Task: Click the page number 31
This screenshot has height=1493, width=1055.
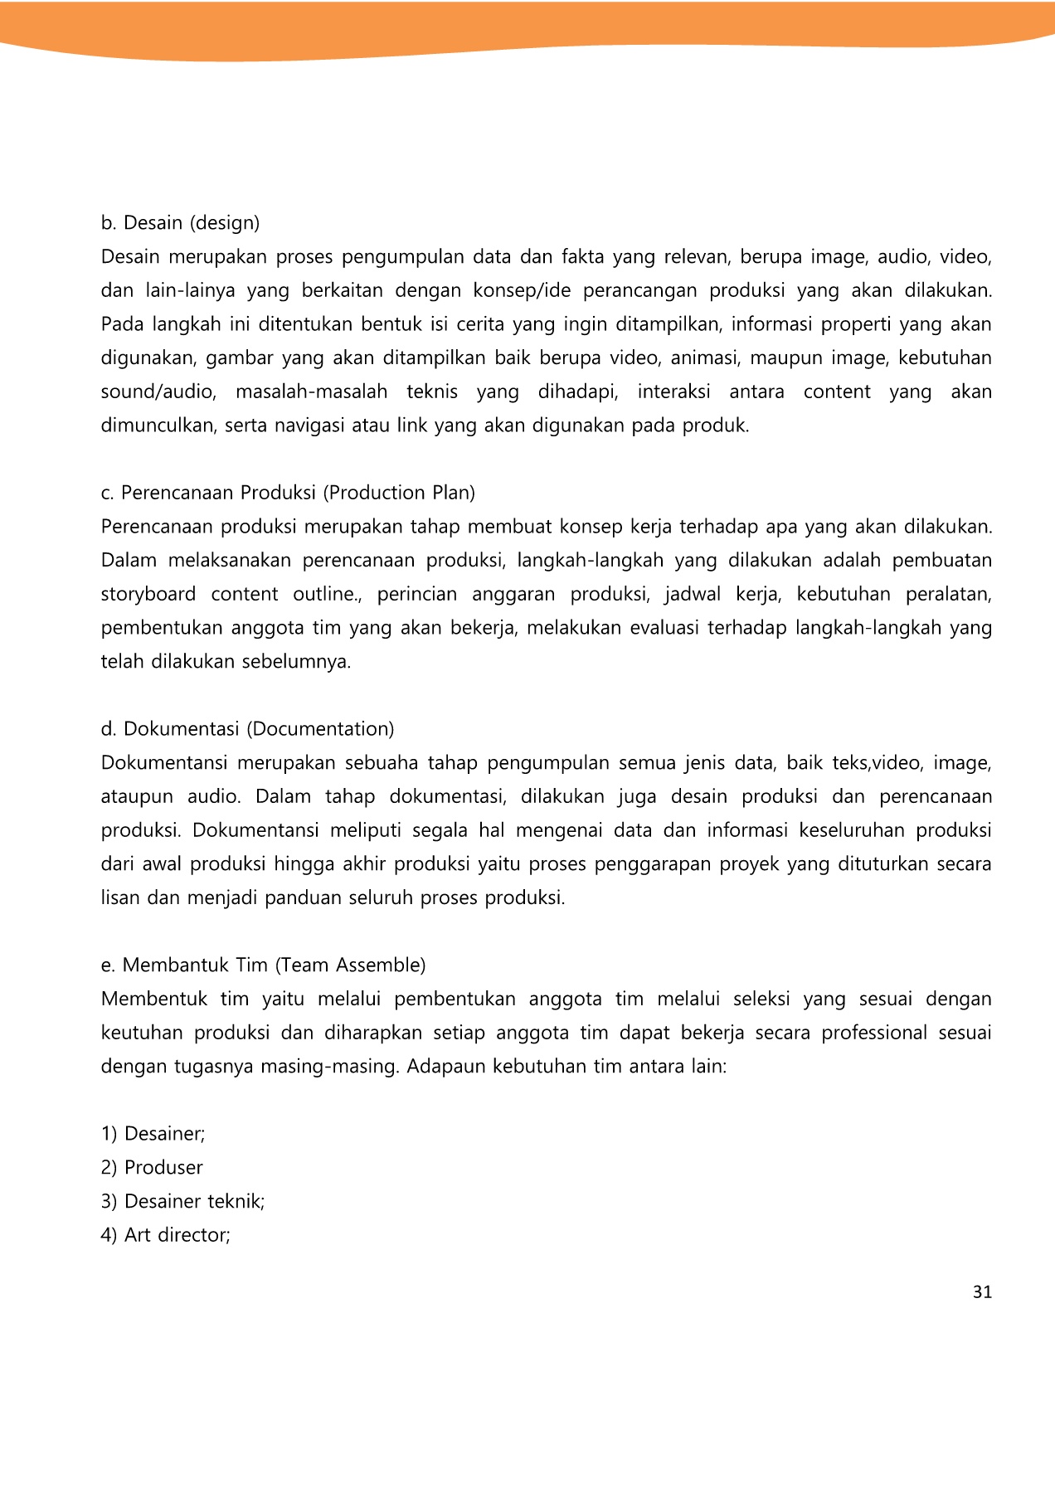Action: (982, 1292)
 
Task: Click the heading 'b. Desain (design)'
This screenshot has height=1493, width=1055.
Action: (180, 223)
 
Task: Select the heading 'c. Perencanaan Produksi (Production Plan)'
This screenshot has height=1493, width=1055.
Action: (288, 493)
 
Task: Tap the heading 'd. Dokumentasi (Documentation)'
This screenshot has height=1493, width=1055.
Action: (247, 729)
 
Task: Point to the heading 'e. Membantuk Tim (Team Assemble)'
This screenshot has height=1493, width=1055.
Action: (263, 965)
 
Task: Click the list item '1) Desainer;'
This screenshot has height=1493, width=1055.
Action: (153, 1134)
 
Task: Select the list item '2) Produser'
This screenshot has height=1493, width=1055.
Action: (152, 1168)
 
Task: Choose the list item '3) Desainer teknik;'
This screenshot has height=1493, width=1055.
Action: (182, 1202)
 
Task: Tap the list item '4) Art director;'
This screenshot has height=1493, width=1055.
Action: (165, 1235)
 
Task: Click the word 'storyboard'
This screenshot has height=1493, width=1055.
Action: (148, 595)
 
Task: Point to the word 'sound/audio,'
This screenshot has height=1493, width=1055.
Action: (158, 392)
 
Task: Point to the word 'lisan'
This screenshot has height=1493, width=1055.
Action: (120, 898)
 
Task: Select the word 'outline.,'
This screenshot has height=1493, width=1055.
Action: (328, 595)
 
